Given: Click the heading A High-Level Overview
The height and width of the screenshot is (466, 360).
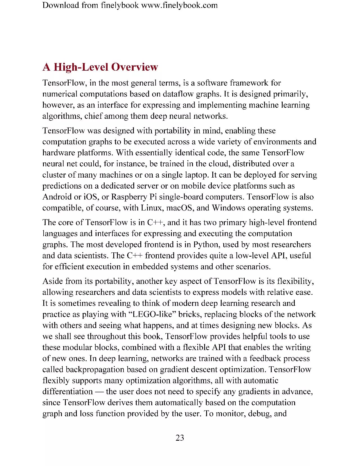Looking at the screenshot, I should click(x=100, y=67).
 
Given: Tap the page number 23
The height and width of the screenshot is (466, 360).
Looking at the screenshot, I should click(x=180, y=438).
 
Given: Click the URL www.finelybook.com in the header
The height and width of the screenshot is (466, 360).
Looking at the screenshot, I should click(x=179, y=5).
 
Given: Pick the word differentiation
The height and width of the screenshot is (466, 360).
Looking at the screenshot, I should click(x=67, y=391).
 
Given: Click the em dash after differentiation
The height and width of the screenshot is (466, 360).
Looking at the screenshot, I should click(x=99, y=391).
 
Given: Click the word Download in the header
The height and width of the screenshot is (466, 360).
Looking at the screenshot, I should click(x=60, y=5).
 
